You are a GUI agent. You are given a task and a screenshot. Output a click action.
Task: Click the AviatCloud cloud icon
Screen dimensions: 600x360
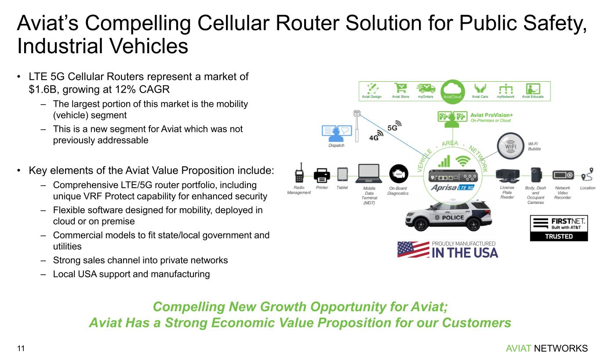coord(452,89)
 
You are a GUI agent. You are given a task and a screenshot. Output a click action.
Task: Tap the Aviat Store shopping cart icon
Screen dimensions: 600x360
coord(400,88)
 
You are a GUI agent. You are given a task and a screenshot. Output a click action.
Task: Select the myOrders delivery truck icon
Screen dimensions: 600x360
coord(425,88)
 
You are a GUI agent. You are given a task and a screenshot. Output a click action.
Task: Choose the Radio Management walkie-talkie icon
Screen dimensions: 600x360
coord(299,173)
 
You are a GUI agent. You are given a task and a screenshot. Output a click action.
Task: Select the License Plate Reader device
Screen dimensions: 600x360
coord(507,175)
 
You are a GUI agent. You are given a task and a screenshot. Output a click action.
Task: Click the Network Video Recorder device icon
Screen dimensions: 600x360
coord(563,175)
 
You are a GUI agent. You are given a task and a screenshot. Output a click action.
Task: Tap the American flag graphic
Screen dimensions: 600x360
coord(413,249)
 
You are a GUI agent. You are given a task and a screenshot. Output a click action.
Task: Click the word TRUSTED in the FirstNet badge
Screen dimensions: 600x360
coord(559,236)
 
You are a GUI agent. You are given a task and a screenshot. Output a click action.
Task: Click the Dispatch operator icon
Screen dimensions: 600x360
coord(336,132)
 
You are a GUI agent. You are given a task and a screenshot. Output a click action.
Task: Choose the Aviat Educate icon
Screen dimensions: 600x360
coord(533,88)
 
